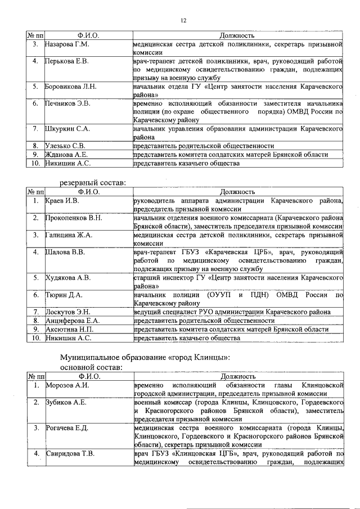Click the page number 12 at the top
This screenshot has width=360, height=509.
tap(183, 21)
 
